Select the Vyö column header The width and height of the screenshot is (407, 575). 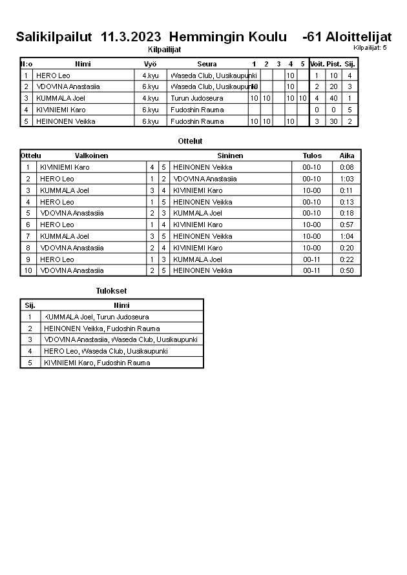pos(150,64)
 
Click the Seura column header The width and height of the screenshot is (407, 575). pos(207,64)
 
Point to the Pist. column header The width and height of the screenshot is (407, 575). pos(333,64)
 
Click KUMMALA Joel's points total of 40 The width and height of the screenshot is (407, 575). pos(333,98)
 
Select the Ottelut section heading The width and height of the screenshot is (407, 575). pos(190,141)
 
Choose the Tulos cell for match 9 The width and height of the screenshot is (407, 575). pos(311,259)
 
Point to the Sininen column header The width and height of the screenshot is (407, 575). pos(230,156)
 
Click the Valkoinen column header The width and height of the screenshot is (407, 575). pos(91,156)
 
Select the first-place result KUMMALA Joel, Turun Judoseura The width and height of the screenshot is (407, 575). pos(96,317)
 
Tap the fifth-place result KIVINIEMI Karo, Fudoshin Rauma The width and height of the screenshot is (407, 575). pos(97,363)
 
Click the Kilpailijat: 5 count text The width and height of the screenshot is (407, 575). pos(370,48)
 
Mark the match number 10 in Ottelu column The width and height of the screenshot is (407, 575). pos(28,270)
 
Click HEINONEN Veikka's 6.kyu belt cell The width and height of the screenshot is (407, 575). pos(150,121)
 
